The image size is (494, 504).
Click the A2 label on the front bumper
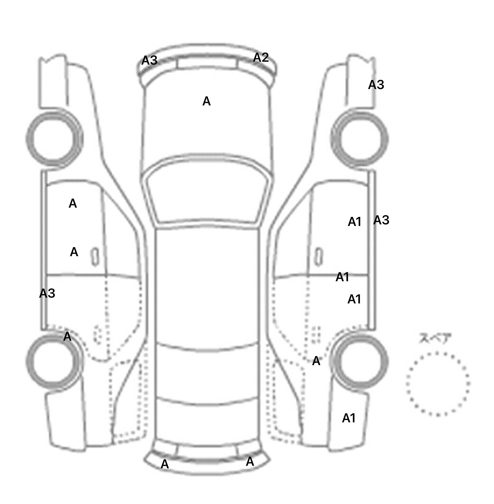point(261,58)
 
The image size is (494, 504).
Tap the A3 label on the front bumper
point(150,60)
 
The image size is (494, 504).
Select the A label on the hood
point(206,101)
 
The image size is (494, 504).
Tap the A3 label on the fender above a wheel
point(376,85)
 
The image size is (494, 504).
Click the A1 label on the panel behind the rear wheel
point(349,418)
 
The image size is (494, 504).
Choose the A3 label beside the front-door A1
point(381,220)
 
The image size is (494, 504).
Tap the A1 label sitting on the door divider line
point(342,277)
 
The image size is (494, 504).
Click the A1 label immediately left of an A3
point(354,222)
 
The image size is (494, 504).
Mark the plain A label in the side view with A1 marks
point(316,361)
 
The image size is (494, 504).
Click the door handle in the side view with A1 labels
point(318,256)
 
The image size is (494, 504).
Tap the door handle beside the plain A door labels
point(95,257)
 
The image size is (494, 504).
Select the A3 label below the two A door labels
point(47,293)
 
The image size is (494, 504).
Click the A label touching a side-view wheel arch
point(67,337)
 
